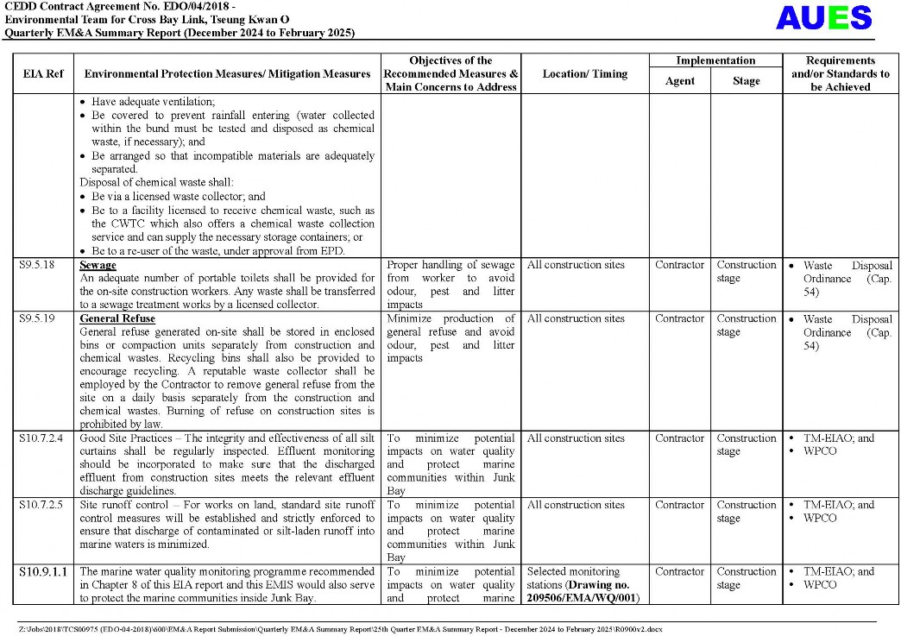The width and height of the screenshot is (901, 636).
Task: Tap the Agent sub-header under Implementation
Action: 679,81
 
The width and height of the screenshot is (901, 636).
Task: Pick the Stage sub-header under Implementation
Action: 746,81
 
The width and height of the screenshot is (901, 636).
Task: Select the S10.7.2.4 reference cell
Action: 41,438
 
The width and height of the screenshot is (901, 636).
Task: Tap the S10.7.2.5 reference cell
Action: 41,505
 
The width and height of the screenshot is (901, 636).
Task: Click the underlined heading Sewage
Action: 98,265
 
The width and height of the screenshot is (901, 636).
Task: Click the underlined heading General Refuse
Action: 117,318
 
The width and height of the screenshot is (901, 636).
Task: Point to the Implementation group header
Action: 715,60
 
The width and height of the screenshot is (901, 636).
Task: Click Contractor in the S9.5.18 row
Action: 679,265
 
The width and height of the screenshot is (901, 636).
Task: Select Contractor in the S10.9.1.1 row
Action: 679,571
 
